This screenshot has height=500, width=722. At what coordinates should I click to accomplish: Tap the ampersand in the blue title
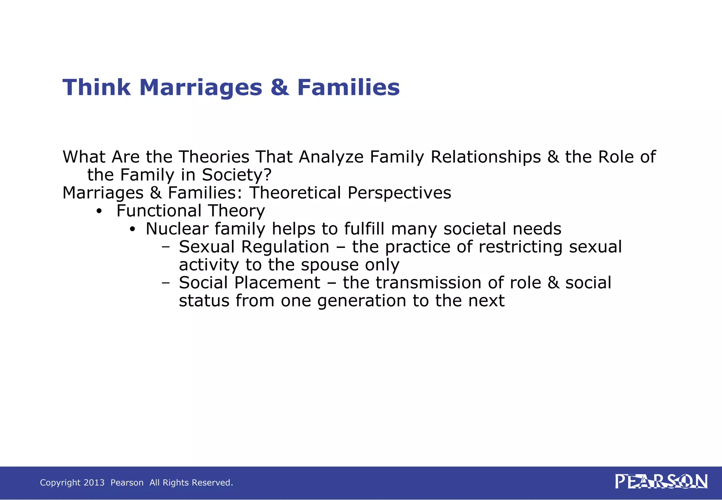coord(280,87)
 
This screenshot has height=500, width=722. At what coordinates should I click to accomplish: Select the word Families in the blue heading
coord(348,87)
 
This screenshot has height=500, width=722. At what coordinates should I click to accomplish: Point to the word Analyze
coord(331,157)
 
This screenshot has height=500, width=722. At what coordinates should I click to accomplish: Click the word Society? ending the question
coord(237,175)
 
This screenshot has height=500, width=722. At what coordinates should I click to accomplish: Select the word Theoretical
coord(295,193)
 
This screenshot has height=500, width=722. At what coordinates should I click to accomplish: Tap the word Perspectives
coord(399,193)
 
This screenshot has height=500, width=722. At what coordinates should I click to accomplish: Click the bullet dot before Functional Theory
coord(99,211)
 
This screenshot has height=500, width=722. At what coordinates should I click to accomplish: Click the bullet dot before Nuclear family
coord(132,230)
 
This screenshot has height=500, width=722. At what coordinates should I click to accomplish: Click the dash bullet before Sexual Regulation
coord(165,247)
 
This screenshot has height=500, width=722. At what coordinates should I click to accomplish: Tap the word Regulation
coord(285,246)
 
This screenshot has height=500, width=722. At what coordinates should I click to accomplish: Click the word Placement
coord(277,282)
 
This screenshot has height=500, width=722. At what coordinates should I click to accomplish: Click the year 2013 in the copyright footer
coord(94,482)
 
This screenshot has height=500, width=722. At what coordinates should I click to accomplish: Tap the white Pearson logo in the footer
coord(661,482)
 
